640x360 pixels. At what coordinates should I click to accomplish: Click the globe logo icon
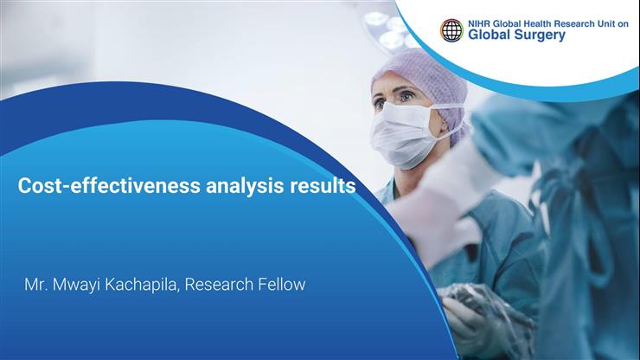pyautogui.click(x=451, y=30)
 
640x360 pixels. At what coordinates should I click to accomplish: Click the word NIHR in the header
pyautogui.click(x=479, y=24)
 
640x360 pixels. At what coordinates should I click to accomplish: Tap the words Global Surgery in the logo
pyautogui.click(x=516, y=36)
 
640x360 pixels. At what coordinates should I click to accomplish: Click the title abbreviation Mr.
pyautogui.click(x=35, y=285)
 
